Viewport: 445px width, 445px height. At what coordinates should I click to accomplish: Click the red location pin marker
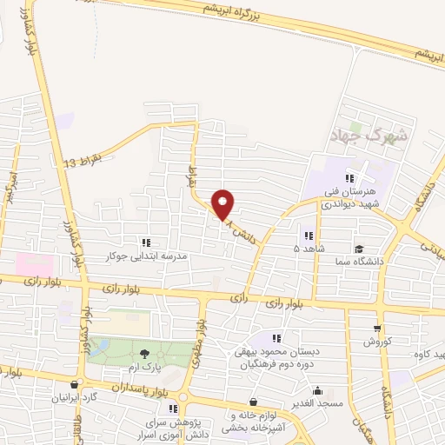pyautogui.click(x=223, y=205)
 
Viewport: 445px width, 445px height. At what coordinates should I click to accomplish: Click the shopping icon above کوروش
pyautogui.click(x=375, y=329)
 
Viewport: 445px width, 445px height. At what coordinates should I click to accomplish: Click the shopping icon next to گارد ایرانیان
pyautogui.click(x=74, y=384)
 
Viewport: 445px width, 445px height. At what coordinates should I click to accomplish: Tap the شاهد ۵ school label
pyautogui.click(x=309, y=249)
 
